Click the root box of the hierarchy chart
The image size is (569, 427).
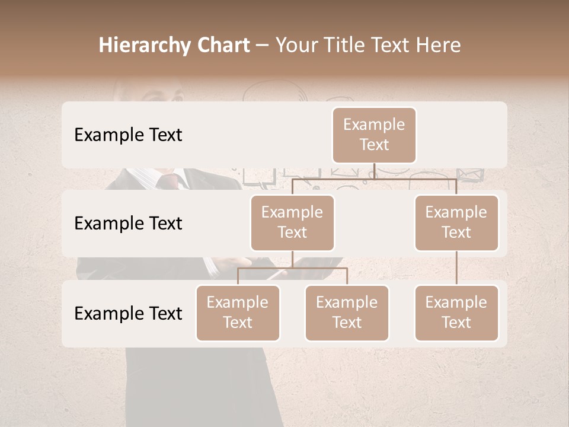[x=374, y=135]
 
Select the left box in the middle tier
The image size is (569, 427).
[x=292, y=223]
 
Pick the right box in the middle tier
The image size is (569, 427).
[x=456, y=223]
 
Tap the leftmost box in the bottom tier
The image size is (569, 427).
[x=238, y=313]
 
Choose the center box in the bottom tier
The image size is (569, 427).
[x=347, y=313]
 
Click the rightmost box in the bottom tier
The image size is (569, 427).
[x=456, y=313]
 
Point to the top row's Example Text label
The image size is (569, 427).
[x=128, y=135]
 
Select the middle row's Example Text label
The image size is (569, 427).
[x=128, y=224]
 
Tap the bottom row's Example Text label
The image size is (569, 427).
[x=128, y=314]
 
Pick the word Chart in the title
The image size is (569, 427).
[x=220, y=45]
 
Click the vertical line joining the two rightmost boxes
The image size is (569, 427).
[x=456, y=268]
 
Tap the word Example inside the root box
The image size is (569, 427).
[x=374, y=125]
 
